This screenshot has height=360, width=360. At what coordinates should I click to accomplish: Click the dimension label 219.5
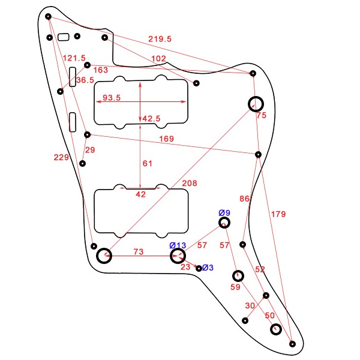click(x=160, y=38)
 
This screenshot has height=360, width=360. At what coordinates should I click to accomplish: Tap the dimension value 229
click(x=61, y=157)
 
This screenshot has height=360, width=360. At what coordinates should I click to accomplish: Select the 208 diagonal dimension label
click(x=188, y=183)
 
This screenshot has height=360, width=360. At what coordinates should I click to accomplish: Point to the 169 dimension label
click(x=166, y=139)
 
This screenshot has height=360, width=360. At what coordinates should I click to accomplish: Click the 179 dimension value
click(x=278, y=214)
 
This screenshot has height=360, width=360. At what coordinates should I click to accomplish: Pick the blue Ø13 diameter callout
click(x=178, y=245)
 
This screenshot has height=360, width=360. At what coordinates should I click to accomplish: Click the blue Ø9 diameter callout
click(x=224, y=213)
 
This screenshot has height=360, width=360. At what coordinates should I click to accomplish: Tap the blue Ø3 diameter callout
click(x=208, y=268)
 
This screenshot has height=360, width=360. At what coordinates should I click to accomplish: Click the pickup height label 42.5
click(x=151, y=119)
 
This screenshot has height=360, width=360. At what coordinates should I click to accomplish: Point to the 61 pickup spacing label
click(x=147, y=164)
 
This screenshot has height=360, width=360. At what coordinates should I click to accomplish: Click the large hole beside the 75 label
click(x=256, y=104)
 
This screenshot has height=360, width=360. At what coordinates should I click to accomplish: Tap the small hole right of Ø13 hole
click(x=199, y=268)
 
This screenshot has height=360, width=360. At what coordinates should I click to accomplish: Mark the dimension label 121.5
click(x=74, y=58)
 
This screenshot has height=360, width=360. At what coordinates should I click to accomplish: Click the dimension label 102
click(x=158, y=58)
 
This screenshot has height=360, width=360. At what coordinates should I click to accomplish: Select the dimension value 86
click(x=244, y=199)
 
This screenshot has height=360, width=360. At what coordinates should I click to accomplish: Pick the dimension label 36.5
click(x=85, y=80)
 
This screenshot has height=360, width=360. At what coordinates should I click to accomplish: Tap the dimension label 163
click(x=101, y=70)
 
